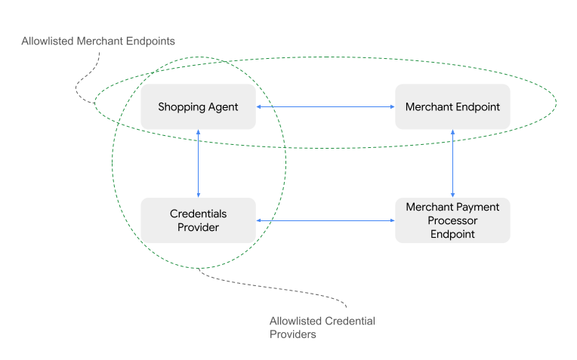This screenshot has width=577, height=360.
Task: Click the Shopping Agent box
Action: tap(198, 107)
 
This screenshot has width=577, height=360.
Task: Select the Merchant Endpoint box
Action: tap(452, 107)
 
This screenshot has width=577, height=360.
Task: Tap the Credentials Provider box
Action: tap(198, 220)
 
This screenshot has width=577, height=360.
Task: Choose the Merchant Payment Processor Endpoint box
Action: tap(452, 220)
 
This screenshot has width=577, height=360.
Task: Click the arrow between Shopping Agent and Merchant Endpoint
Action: tap(326, 107)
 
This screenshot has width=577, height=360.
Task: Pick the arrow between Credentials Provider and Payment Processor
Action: tap(326, 220)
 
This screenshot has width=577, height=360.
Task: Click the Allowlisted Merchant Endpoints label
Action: tap(98, 41)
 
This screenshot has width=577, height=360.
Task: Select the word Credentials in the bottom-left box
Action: tap(198, 214)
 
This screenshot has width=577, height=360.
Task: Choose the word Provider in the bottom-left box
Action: tap(198, 227)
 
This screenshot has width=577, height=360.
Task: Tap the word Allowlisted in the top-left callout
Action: tap(49, 41)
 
